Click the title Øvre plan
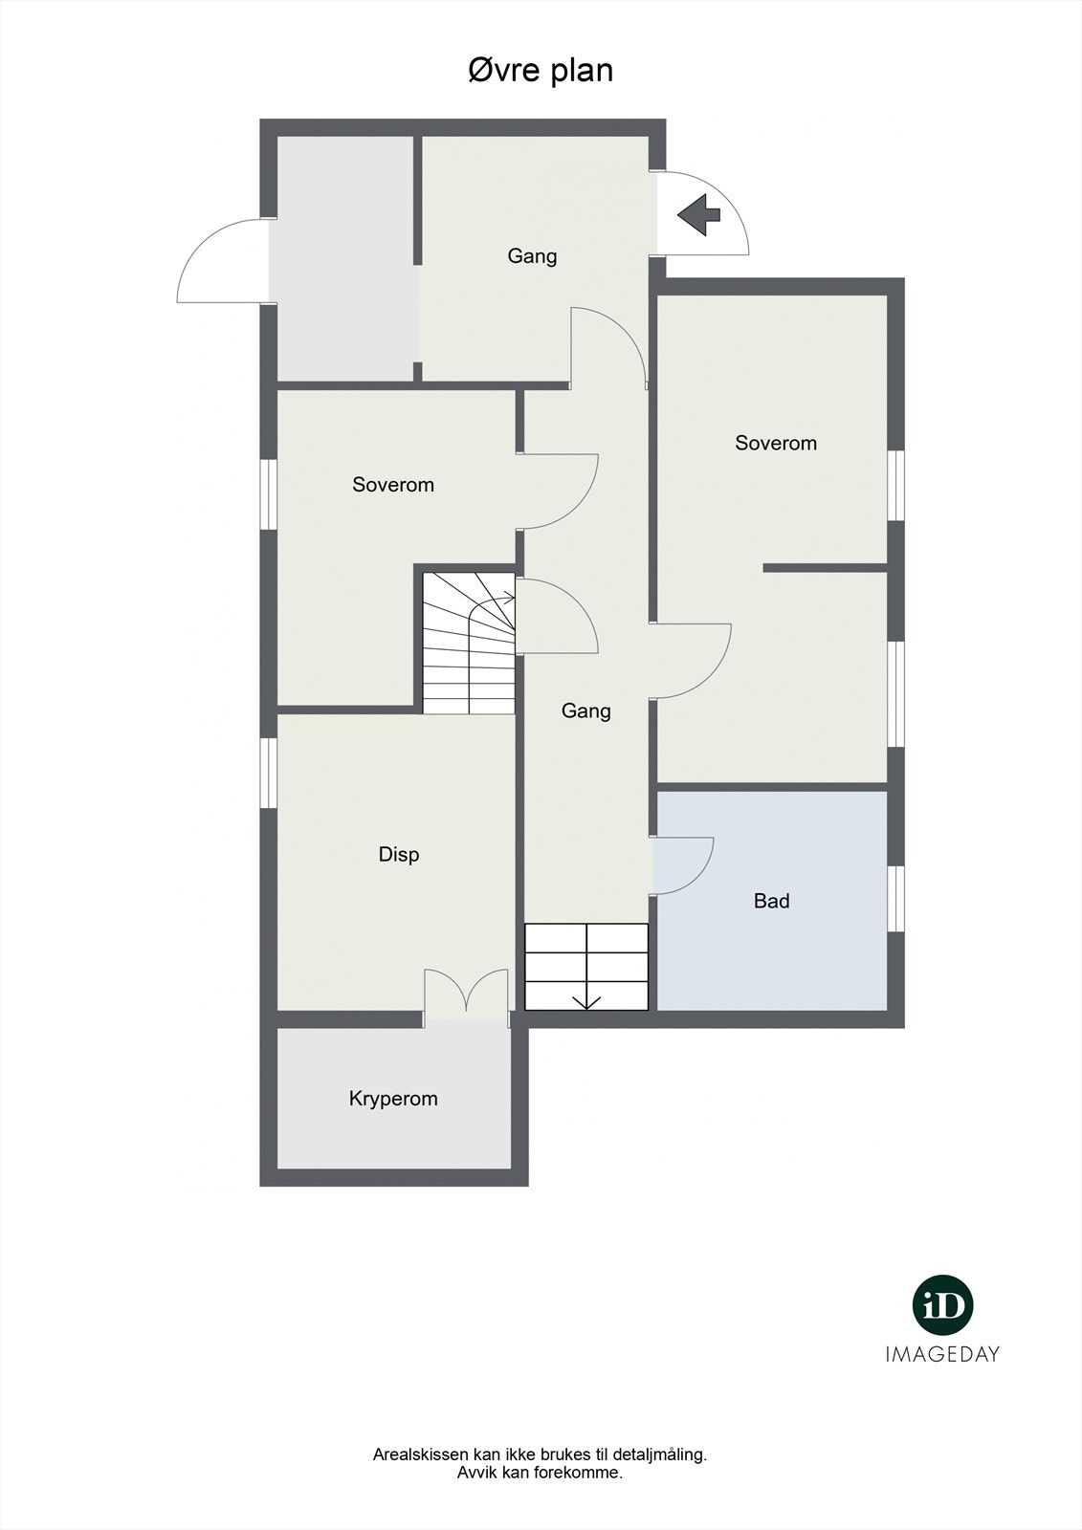541,71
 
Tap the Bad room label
771,901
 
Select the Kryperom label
393,1099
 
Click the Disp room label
399,855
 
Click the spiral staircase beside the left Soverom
469,643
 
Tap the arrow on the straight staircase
586,1000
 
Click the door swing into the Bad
683,864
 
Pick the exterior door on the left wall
222,260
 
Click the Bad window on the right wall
895,898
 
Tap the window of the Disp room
269,773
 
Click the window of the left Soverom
269,493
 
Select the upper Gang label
532,256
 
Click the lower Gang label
585,711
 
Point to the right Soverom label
776,444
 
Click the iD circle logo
942,1305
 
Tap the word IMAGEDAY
942,1354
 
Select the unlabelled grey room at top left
344,258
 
